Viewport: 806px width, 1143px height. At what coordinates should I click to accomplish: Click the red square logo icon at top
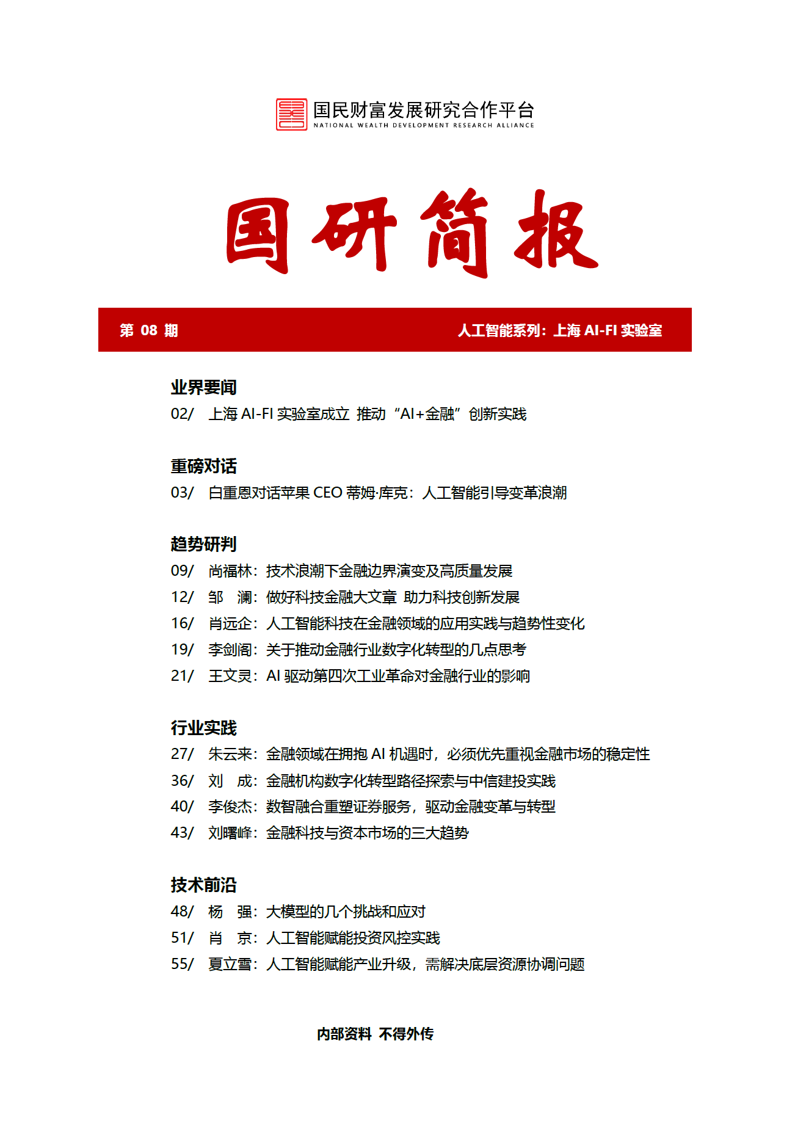pyautogui.click(x=291, y=114)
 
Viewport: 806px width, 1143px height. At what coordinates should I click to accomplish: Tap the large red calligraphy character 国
pyautogui.click(x=258, y=234)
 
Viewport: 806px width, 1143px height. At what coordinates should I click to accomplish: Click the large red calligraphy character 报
pyautogui.click(x=556, y=232)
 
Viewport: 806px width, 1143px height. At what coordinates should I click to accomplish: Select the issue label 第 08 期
pyautogui.click(x=149, y=330)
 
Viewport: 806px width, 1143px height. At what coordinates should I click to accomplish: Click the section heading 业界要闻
pyautogui.click(x=203, y=387)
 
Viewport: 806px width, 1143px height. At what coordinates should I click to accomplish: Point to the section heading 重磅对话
pyautogui.click(x=203, y=466)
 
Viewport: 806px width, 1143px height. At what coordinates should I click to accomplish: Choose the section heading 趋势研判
pyautogui.click(x=203, y=544)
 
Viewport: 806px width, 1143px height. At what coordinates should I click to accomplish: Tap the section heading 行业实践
pyautogui.click(x=203, y=728)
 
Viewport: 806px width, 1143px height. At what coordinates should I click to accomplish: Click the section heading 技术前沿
pyautogui.click(x=203, y=885)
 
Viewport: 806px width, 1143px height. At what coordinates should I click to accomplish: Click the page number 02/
pyautogui.click(x=182, y=414)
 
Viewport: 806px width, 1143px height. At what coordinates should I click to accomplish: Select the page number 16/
pyautogui.click(x=182, y=623)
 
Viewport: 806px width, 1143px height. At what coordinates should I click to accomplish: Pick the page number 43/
pyautogui.click(x=182, y=833)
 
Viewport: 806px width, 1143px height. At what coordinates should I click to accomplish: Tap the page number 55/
pyautogui.click(x=182, y=964)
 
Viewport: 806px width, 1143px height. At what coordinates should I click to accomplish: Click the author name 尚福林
pyautogui.click(x=230, y=571)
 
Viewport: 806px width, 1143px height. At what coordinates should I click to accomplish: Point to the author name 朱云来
pyautogui.click(x=230, y=755)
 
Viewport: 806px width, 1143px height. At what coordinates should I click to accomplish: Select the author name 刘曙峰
pyautogui.click(x=230, y=833)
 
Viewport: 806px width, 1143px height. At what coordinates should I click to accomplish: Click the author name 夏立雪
pyautogui.click(x=230, y=964)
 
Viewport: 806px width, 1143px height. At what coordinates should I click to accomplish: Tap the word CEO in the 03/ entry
pyautogui.click(x=327, y=493)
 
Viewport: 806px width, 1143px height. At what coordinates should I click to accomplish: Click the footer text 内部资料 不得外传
pyautogui.click(x=375, y=1034)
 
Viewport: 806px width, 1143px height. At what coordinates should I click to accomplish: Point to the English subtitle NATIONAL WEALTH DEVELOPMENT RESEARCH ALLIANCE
pyautogui.click(x=424, y=125)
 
